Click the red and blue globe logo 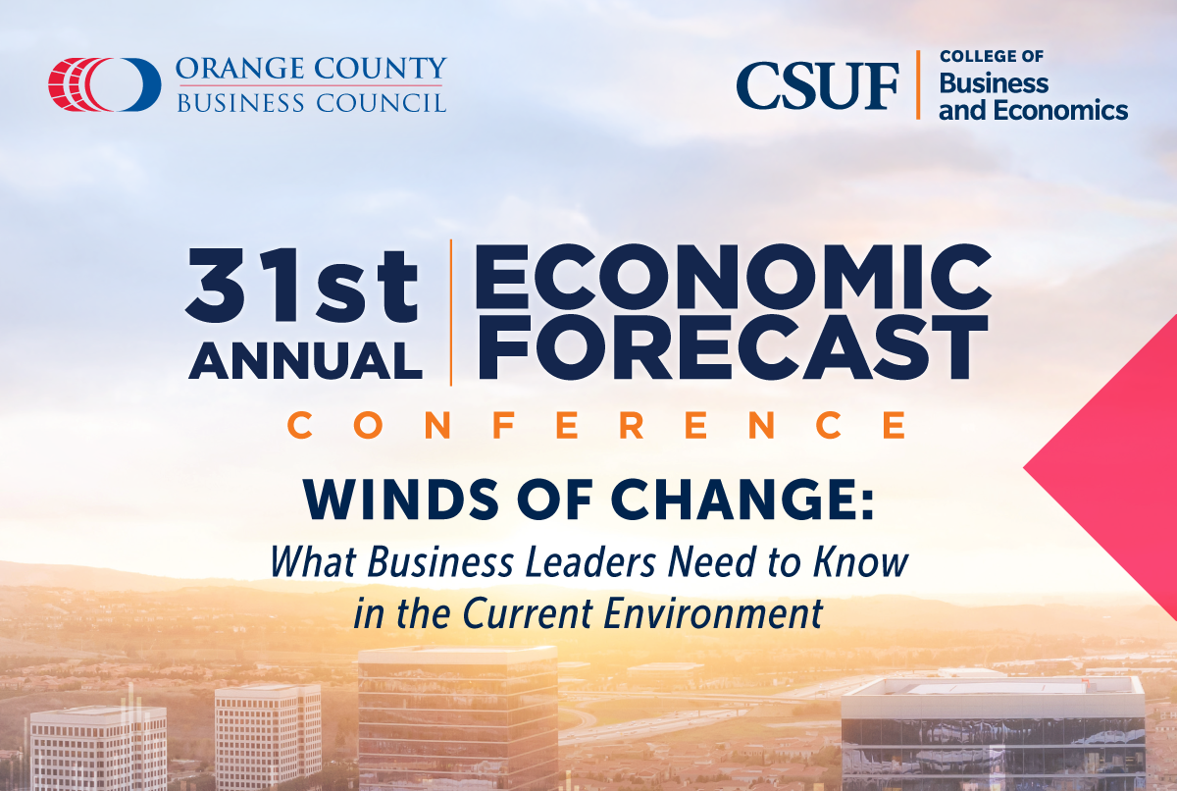[x=105, y=84]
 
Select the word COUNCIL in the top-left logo [x=382, y=102]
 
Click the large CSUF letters [x=818, y=86]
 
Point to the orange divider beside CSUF [x=918, y=85]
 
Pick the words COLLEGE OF [x=992, y=56]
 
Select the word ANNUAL [x=306, y=360]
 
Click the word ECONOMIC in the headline [x=733, y=276]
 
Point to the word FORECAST [x=732, y=347]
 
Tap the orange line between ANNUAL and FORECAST [x=451, y=313]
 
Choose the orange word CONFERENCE [x=597, y=425]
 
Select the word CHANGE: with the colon [x=742, y=500]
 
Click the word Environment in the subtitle [x=713, y=613]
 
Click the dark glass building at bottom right [x=993, y=736]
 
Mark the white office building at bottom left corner [x=99, y=749]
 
